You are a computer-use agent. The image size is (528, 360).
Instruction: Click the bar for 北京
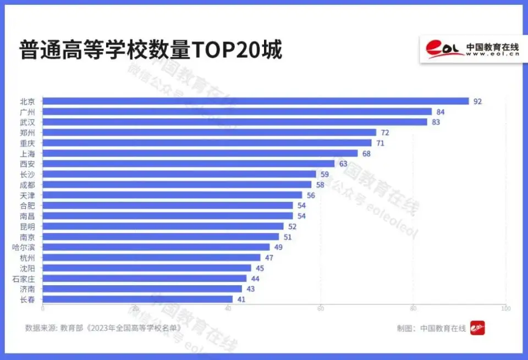tap(256, 101)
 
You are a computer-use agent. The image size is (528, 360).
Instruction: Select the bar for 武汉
tap(235, 122)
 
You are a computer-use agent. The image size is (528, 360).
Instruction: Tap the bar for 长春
tap(137, 299)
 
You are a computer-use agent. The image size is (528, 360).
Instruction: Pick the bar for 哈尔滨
tap(156, 247)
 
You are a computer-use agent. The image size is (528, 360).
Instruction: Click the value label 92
tap(477, 101)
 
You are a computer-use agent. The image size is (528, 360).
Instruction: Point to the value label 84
tap(441, 112)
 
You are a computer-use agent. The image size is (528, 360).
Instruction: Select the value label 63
tap(343, 164)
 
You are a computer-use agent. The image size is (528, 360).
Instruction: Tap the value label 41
tap(241, 299)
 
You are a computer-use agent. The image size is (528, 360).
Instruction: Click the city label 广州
tap(28, 112)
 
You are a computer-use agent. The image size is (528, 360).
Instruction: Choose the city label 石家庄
tap(24, 279)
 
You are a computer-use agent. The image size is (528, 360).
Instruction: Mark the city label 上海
tap(28, 153)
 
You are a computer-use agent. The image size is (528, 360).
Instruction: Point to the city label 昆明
tap(28, 226)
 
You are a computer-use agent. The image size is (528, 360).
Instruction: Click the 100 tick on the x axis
tap(505, 309)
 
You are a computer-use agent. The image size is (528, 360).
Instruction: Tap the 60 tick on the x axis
tap(320, 309)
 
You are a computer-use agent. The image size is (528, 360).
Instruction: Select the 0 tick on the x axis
tap(43, 309)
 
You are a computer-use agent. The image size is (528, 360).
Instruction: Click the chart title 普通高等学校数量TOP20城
tap(151, 51)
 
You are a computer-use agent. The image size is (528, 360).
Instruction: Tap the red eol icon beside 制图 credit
tap(477, 328)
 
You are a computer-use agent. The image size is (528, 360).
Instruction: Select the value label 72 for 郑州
tap(385, 132)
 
